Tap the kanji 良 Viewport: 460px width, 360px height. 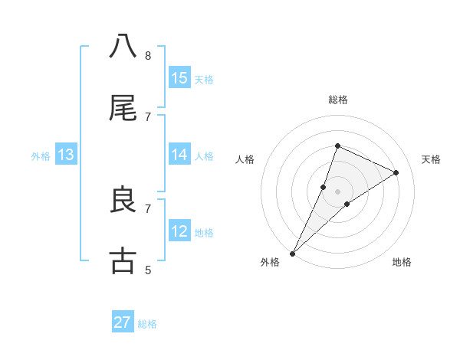123,200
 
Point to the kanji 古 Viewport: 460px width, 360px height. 123,261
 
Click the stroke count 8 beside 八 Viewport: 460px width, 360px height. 148,55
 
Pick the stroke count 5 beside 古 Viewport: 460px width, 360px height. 148,270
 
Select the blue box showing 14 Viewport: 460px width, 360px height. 179,155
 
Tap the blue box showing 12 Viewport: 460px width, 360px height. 179,231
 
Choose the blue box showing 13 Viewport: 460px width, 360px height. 65,155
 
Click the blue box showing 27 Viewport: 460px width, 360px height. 123,322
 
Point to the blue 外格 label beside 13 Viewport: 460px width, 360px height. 41,156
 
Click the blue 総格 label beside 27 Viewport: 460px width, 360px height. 147,324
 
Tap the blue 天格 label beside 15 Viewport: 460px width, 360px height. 203,79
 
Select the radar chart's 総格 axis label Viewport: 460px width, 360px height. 337,100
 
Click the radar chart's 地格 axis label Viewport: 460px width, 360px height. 402,262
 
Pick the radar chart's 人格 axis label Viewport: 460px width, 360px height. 245,159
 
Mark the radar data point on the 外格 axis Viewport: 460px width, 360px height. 292,253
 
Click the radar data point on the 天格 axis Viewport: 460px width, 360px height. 396,172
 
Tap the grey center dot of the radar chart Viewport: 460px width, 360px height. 337,191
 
